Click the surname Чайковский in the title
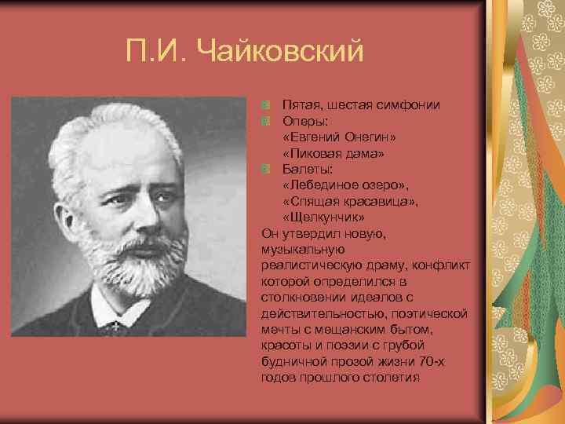282,53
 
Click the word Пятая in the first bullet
300,104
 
